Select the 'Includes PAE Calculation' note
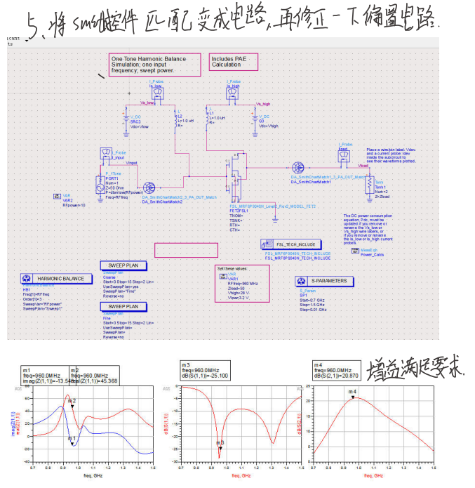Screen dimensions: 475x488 pyautogui.click(x=234, y=62)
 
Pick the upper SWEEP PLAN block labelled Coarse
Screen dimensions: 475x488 pyautogui.click(x=122, y=266)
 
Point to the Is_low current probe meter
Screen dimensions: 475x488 pyautogui.click(x=156, y=92)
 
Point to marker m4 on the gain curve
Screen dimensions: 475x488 pyautogui.click(x=354, y=397)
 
